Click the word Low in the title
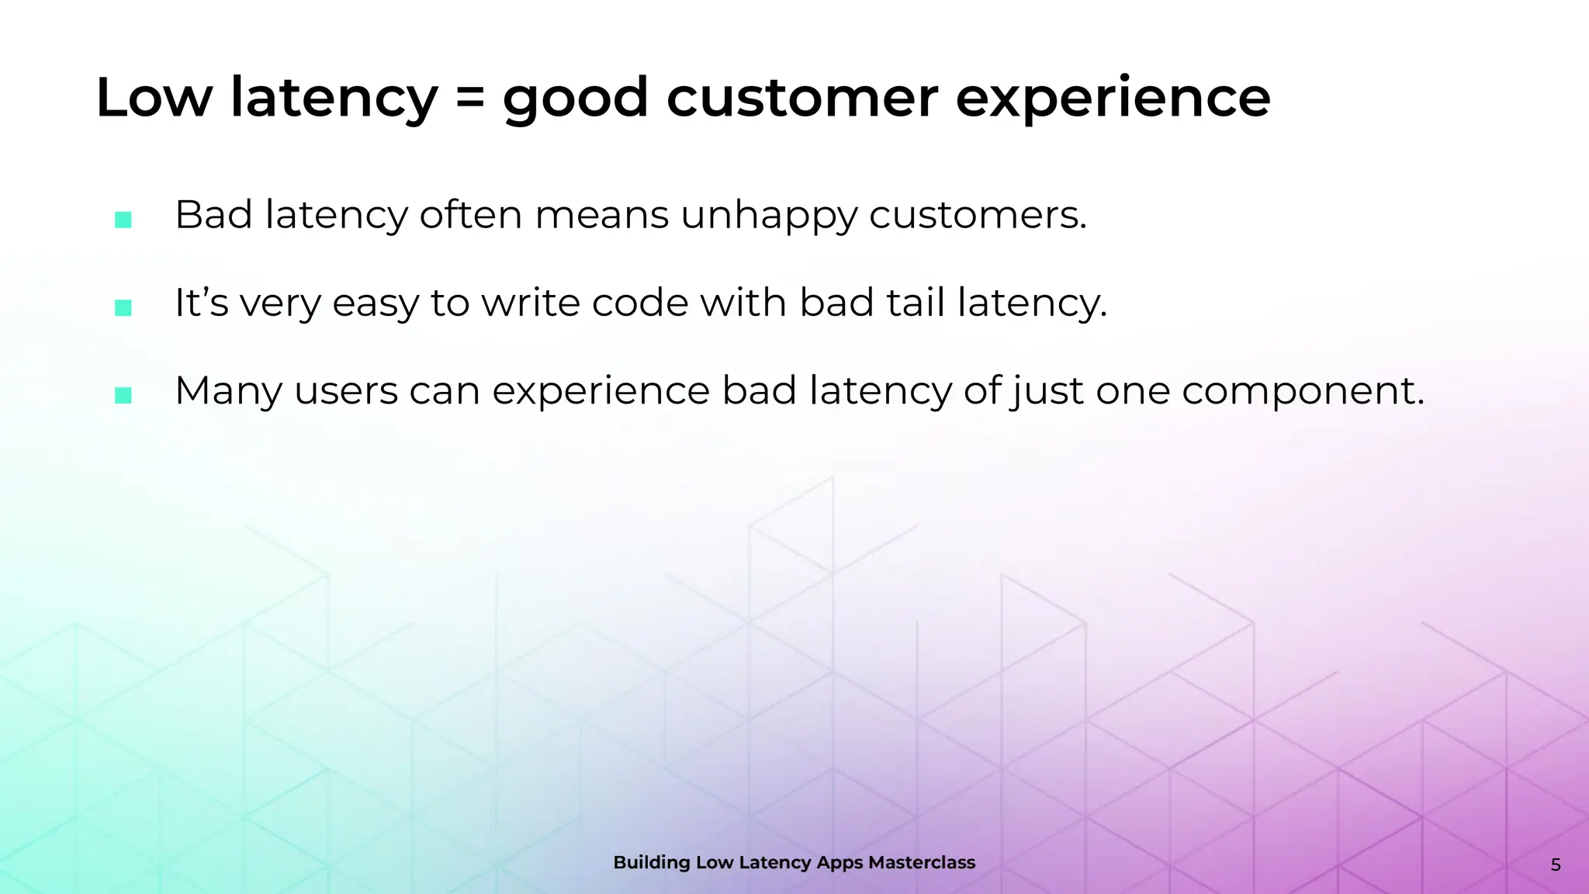[x=153, y=99]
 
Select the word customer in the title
[x=802, y=99]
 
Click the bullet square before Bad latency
[x=123, y=220]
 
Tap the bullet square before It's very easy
[x=123, y=307]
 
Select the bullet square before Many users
[x=123, y=395]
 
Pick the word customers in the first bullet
[x=978, y=215]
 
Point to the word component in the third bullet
[x=1302, y=392]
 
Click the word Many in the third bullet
[x=228, y=392]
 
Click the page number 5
[x=1555, y=865]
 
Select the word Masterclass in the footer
[x=921, y=862]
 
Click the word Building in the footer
[x=651, y=862]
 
